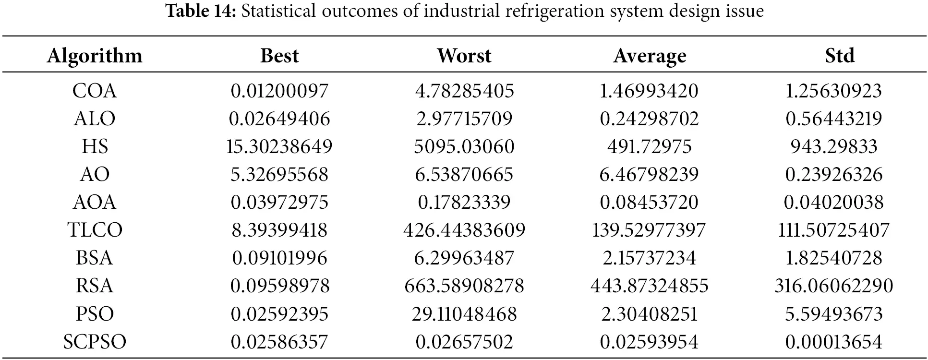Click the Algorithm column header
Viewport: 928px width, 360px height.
[x=95, y=56]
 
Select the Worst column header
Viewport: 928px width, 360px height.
[x=464, y=56]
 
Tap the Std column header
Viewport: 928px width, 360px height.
[x=839, y=56]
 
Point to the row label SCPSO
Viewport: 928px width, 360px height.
[x=95, y=342]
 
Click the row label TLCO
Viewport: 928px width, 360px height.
[x=95, y=230]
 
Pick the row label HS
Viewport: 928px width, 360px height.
[x=95, y=146]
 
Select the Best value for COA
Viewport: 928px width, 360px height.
[x=279, y=91]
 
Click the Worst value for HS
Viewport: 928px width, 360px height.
[x=464, y=146]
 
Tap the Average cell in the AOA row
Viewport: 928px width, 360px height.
[x=649, y=202]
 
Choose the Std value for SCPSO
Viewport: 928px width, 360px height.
[x=833, y=342]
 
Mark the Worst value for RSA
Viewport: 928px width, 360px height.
[x=464, y=286]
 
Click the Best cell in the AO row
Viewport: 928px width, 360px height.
[x=279, y=174]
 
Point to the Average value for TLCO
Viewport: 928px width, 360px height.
[x=649, y=230]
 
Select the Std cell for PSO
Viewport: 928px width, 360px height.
[x=833, y=314]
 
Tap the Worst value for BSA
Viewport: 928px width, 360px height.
[x=464, y=258]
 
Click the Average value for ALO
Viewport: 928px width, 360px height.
[x=649, y=119]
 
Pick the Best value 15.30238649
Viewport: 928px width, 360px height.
[x=279, y=146]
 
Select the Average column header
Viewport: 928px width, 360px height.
[x=649, y=56]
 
